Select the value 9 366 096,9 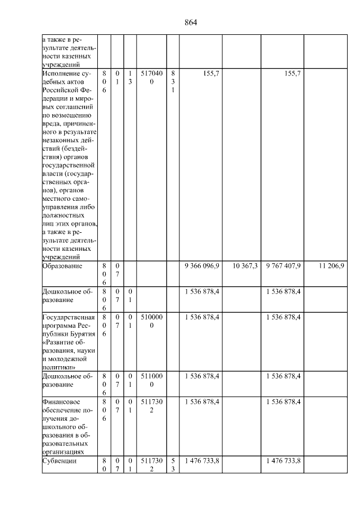coord(201,265)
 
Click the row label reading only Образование coord(62,265)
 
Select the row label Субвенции coord(58,461)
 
